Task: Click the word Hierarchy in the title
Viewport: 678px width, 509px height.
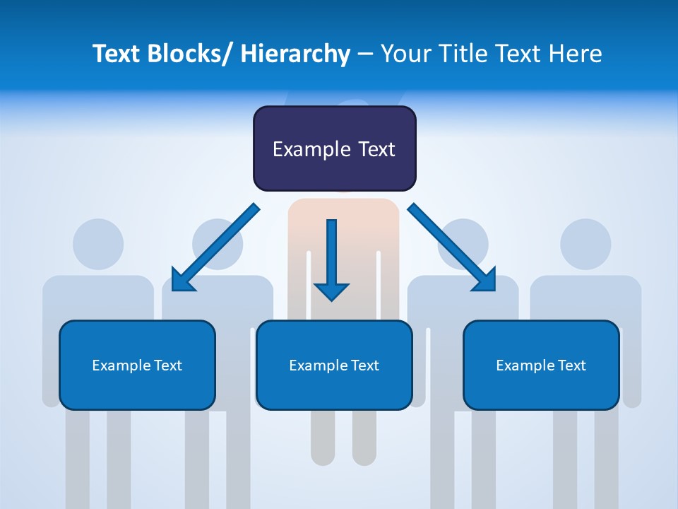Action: click(295, 54)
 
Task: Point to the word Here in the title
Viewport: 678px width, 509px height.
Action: click(576, 54)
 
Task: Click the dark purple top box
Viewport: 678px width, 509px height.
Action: click(334, 148)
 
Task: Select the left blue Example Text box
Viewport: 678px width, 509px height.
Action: click(137, 365)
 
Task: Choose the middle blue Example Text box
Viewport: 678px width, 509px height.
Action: click(334, 365)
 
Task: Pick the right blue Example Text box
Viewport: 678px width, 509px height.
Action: click(541, 365)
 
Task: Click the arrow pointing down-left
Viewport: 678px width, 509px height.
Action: click(215, 247)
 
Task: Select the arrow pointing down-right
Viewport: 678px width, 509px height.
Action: click(452, 247)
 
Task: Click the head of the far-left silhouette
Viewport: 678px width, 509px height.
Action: click(98, 244)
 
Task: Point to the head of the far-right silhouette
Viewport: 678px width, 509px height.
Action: click(585, 244)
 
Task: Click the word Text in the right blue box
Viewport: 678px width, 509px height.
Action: click(571, 365)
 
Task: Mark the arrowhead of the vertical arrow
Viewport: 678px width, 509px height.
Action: click(331, 291)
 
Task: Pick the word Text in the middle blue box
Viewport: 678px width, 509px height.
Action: click(364, 365)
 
